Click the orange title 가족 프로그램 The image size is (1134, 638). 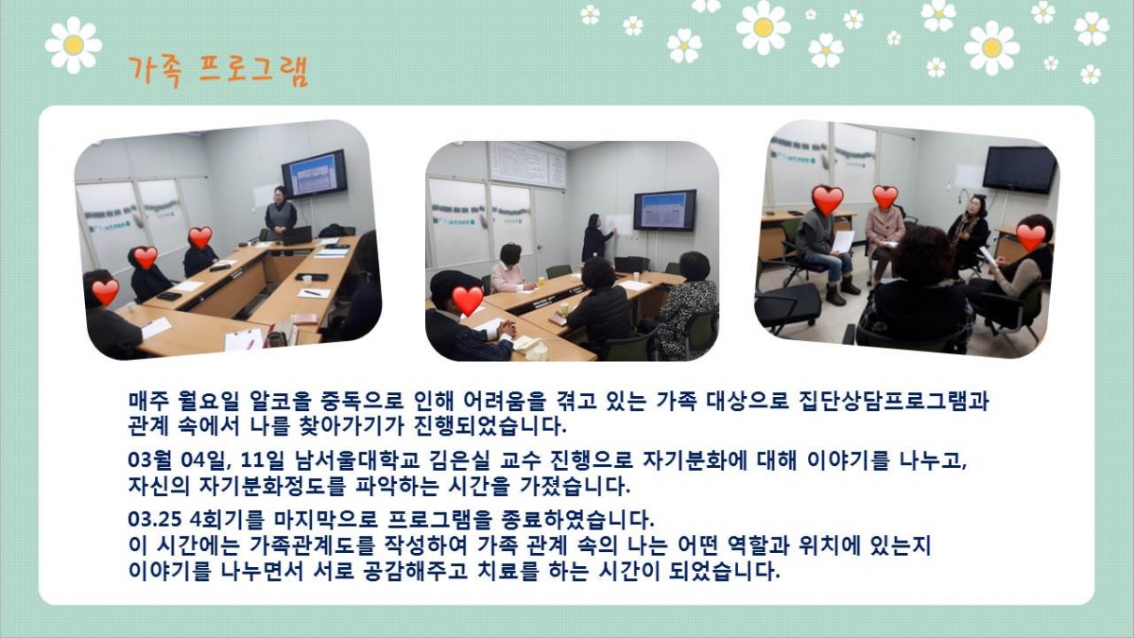[x=218, y=71]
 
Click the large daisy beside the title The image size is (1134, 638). [x=74, y=45]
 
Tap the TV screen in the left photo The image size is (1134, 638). [x=314, y=174]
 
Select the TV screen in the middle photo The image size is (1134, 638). [x=664, y=210]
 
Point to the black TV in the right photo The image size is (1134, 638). [x=1020, y=170]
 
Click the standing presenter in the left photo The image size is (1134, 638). [x=280, y=213]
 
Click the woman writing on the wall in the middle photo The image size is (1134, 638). [x=597, y=237]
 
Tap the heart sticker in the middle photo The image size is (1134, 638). [x=467, y=300]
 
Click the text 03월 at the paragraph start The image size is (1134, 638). [x=149, y=460]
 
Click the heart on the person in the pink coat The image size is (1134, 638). [x=885, y=197]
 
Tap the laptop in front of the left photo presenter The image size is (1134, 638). [x=296, y=235]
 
